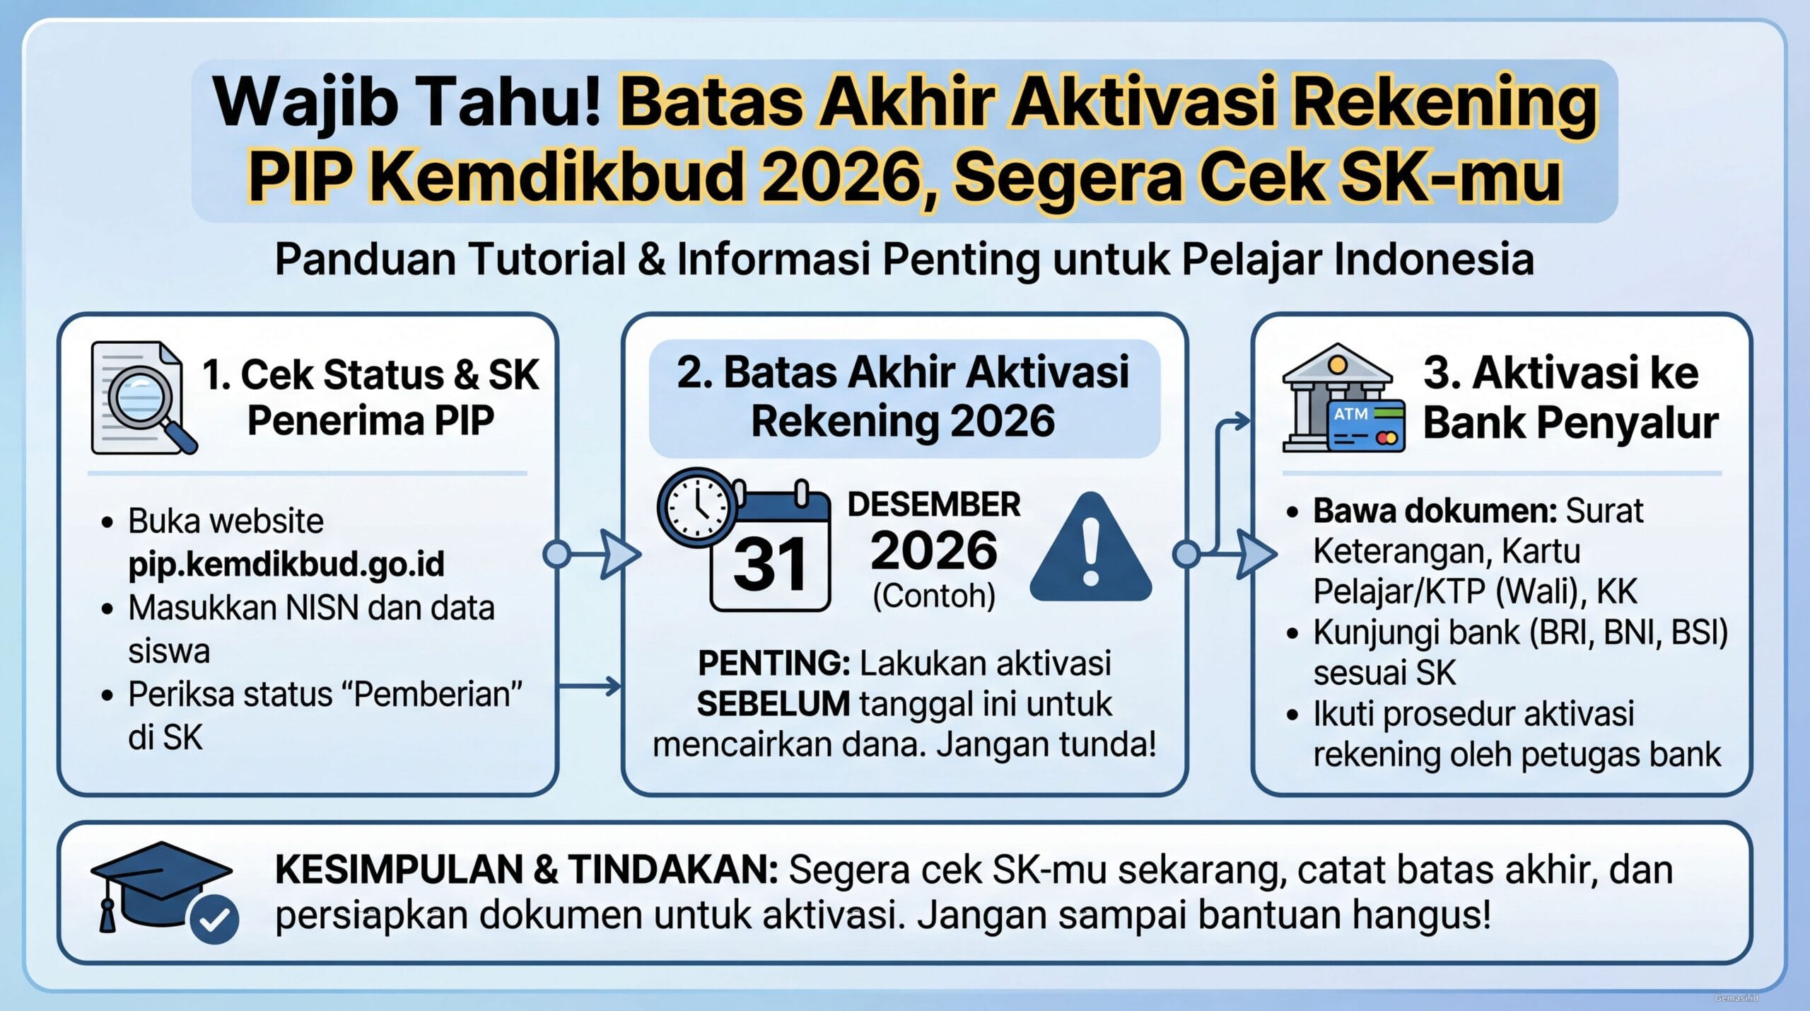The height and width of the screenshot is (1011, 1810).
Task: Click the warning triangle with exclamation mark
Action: click(x=1090, y=550)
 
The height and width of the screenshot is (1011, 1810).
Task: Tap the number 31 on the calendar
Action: click(x=770, y=565)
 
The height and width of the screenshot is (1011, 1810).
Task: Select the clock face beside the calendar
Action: click(x=697, y=507)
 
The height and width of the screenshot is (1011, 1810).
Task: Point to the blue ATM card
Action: click(x=1366, y=426)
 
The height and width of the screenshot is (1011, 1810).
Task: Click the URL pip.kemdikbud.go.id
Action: click(x=286, y=564)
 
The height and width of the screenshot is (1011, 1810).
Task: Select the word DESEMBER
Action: click(x=934, y=504)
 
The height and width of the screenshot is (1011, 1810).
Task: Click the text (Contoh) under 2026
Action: click(x=934, y=596)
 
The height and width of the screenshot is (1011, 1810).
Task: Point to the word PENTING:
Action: click(x=773, y=664)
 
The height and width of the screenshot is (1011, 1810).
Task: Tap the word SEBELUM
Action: click(x=773, y=704)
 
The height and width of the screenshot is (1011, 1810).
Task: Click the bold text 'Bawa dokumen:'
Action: click(x=1435, y=511)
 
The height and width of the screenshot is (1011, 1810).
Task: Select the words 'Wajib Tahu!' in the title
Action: click(x=407, y=103)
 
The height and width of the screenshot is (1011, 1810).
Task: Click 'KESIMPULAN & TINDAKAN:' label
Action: click(x=526, y=870)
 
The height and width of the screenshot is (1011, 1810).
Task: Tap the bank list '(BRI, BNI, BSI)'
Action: click(x=1628, y=632)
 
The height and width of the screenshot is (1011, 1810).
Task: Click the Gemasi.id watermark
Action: click(x=1736, y=998)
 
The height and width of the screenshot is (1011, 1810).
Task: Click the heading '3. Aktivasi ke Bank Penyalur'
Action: click(x=1570, y=398)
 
